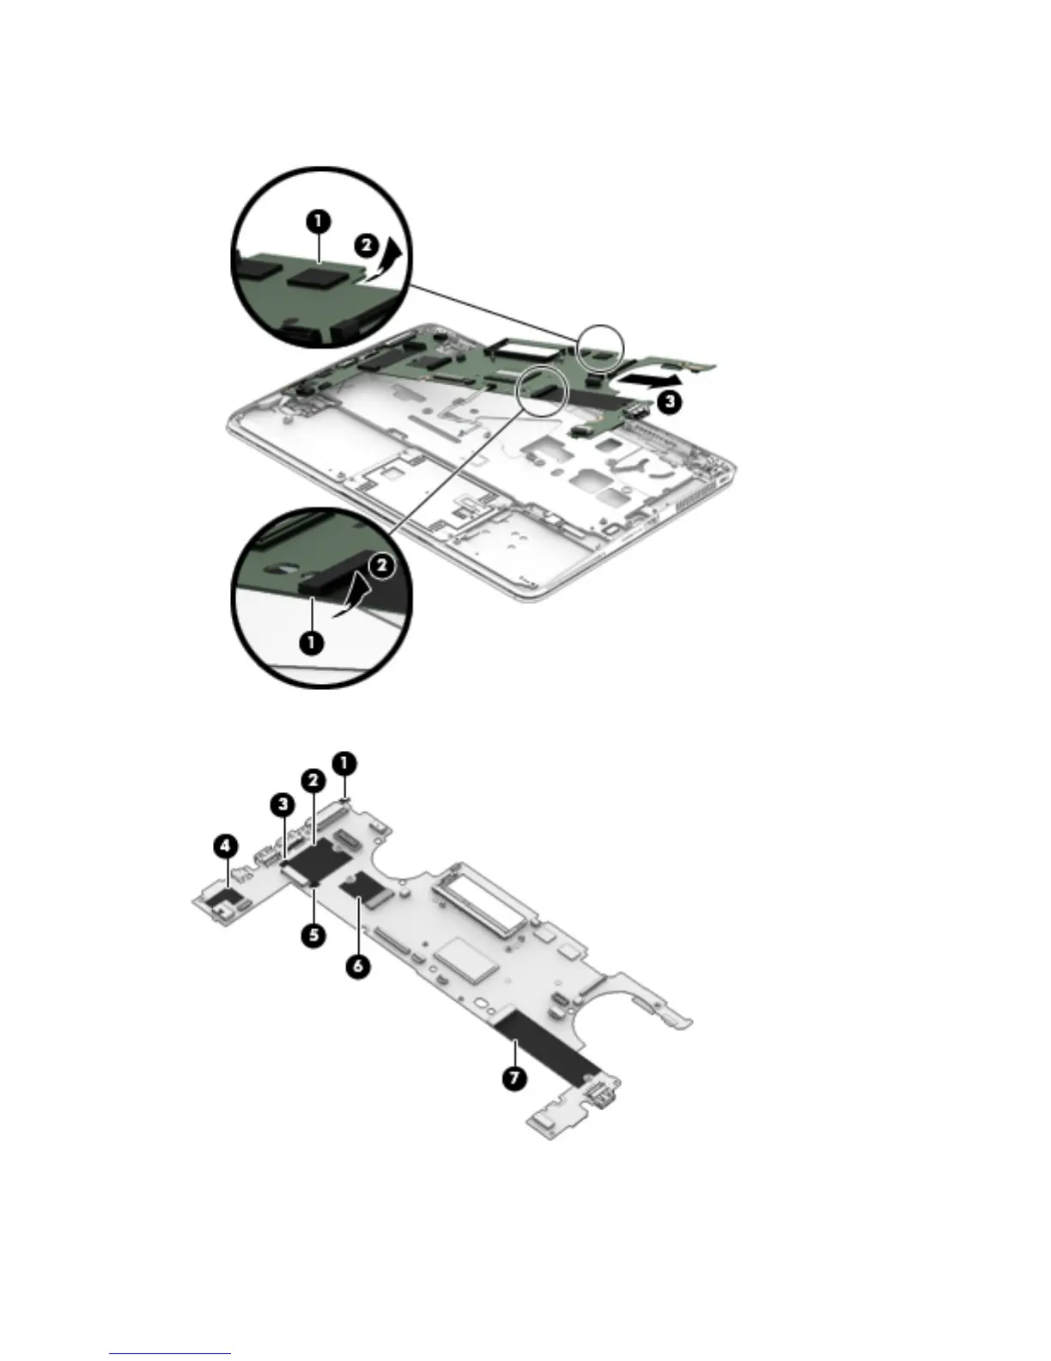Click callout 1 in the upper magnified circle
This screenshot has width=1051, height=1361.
click(318, 221)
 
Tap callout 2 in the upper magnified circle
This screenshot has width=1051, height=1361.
click(365, 245)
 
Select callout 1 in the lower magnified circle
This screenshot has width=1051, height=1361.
click(311, 642)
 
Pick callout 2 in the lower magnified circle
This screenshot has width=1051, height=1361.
click(380, 565)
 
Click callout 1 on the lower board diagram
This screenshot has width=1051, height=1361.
click(344, 762)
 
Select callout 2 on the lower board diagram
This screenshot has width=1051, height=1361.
click(312, 780)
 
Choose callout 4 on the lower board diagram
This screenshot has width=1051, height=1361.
click(225, 847)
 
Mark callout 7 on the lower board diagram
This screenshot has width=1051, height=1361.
click(513, 1078)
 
